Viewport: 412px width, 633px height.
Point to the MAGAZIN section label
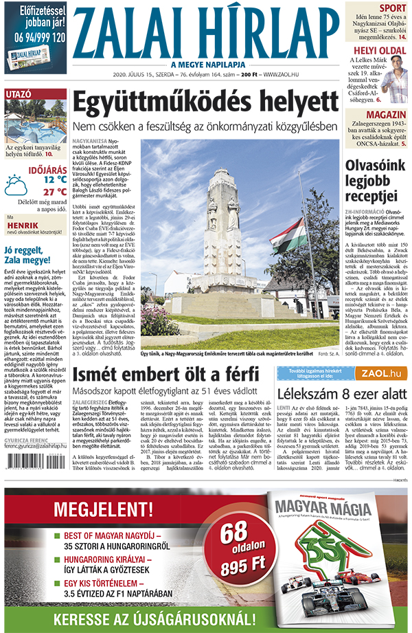pyautogui.click(x=385, y=114)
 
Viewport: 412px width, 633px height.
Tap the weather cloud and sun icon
pyautogui.click(x=16, y=185)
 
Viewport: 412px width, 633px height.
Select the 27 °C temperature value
pyautogui.click(x=54, y=192)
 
